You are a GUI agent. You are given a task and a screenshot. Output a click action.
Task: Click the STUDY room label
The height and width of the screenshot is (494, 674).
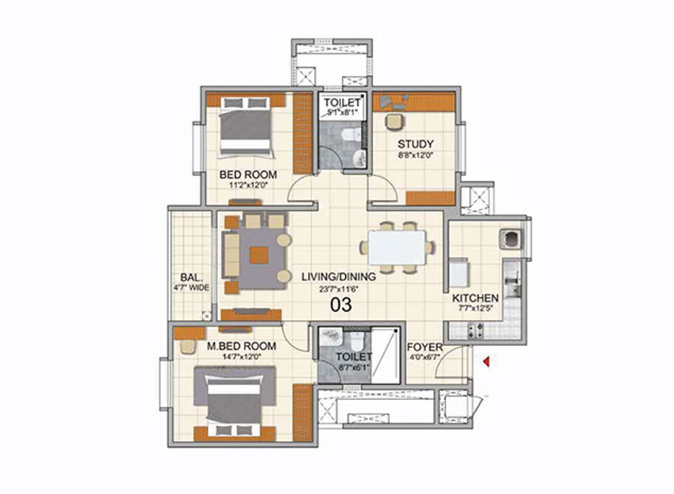(415, 144)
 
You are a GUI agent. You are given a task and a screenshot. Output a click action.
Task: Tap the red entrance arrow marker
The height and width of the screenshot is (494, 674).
(486, 362)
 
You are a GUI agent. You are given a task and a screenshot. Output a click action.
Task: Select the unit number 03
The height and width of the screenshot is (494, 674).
(341, 305)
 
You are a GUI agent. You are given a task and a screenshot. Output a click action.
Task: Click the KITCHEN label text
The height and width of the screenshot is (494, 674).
(476, 298)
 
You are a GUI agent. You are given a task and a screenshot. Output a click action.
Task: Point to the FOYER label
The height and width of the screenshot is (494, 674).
(425, 347)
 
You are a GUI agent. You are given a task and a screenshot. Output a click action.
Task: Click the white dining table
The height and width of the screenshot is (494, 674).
(397, 247)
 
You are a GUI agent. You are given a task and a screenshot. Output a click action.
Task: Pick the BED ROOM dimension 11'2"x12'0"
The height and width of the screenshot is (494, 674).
(249, 186)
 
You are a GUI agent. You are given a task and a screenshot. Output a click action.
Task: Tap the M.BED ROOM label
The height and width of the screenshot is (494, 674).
(242, 346)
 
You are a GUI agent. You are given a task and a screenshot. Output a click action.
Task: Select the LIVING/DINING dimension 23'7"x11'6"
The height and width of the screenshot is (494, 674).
(339, 289)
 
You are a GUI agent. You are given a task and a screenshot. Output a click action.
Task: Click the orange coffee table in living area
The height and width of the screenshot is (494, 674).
(259, 255)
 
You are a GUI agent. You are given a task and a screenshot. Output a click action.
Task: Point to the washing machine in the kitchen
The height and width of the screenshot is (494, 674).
(510, 239)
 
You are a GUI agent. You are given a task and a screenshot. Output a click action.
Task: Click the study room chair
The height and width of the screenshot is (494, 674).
(395, 121)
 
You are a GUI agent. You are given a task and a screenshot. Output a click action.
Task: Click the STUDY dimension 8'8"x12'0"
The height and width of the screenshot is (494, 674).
(415, 155)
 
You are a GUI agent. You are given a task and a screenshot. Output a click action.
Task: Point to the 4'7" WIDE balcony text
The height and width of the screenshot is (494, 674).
(192, 287)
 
